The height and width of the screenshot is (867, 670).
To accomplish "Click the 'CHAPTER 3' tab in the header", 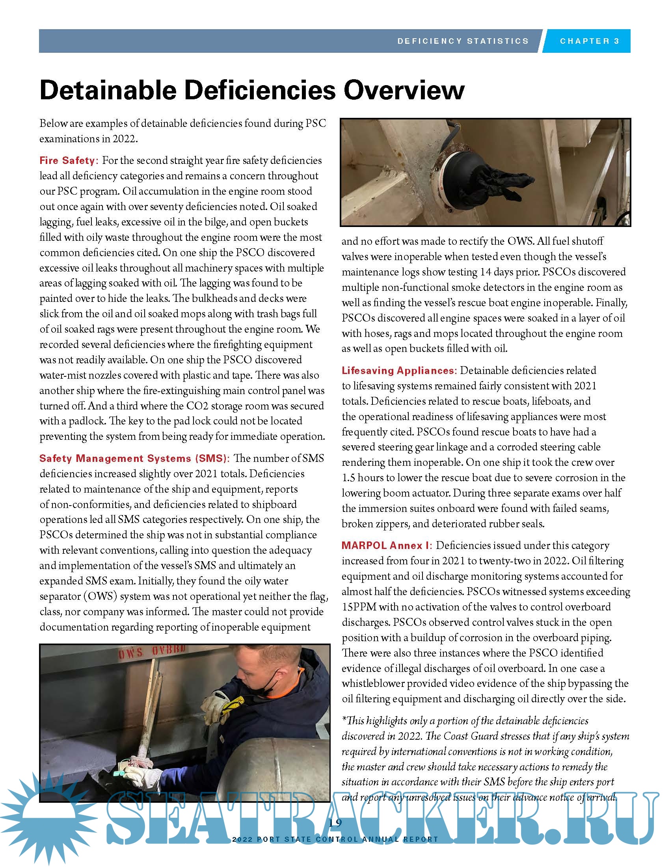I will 590,41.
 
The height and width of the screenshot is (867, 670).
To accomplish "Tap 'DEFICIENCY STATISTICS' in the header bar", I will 463,41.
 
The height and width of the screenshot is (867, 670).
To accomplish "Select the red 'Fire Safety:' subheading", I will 67,160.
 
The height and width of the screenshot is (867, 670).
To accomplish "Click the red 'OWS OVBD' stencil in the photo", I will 152,652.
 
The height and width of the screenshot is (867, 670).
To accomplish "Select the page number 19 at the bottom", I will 335,822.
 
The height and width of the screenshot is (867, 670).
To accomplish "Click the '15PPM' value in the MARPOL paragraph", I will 358,607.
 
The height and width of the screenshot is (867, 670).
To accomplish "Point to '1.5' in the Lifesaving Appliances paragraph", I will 348,478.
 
